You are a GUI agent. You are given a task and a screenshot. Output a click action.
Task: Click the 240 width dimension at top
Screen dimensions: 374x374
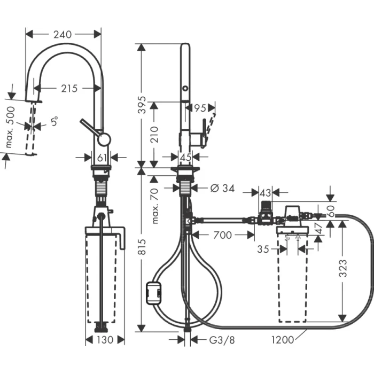[x=63, y=34]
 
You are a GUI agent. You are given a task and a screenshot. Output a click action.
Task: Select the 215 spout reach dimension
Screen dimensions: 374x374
[x=69, y=88]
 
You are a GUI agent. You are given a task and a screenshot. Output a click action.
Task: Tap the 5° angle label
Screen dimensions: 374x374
[x=54, y=122]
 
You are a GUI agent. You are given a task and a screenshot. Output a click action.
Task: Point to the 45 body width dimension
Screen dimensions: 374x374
[x=185, y=157]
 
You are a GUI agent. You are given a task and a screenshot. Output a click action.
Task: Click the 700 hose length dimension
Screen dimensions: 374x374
[x=223, y=234]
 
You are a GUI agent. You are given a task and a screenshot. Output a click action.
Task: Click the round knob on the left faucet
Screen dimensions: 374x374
[x=104, y=139]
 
